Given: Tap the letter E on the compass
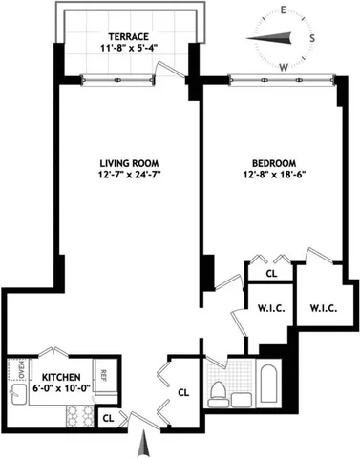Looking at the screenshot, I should (x=286, y=10).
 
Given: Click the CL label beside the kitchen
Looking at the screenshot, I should (x=109, y=417).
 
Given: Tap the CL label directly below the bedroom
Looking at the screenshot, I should (x=271, y=273).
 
